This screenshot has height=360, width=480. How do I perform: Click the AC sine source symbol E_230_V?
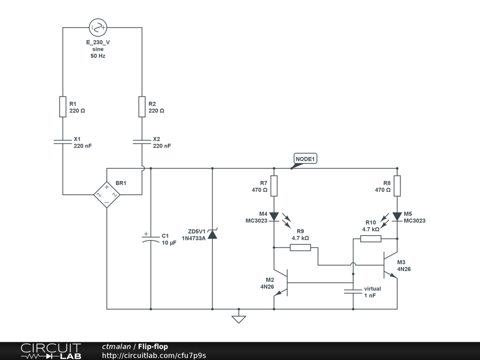pos(98,28)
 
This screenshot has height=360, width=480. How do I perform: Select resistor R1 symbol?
pos(63,106)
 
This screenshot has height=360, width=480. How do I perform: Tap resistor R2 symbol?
pos(142,106)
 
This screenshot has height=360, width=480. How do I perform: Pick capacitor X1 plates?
pos(63,142)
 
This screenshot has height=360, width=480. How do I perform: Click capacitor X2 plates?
pos(142,142)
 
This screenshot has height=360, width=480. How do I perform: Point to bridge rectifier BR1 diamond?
pos(107,195)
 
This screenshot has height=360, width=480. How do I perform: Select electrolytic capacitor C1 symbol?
pos(150,239)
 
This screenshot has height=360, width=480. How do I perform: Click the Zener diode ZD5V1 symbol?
pos(212,234)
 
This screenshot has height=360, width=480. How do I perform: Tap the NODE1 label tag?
pos(305,159)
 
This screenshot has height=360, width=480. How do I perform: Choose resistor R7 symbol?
pos(274,186)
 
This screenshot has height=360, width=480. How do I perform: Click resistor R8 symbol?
pos(397,186)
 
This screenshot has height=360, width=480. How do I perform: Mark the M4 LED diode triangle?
pos(274,217)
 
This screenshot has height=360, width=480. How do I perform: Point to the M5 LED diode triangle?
pos(397,217)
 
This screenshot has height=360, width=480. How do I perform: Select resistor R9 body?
pos(300,247)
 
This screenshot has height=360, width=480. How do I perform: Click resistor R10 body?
pos(371,239)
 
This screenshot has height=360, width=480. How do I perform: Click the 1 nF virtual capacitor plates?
pos(353,291)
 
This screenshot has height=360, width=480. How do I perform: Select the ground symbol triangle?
pos(239,320)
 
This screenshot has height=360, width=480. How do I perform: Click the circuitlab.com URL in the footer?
pos(154,355)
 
